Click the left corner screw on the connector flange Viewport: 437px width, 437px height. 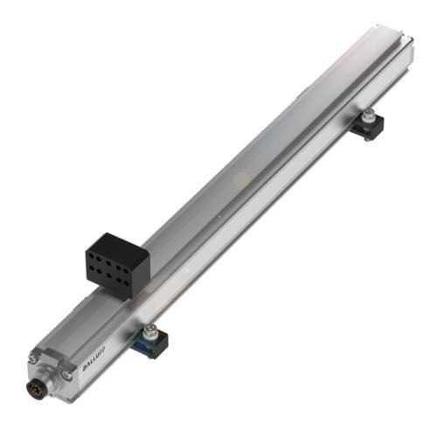click(x=33, y=358)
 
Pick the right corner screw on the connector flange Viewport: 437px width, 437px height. click(x=67, y=376)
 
